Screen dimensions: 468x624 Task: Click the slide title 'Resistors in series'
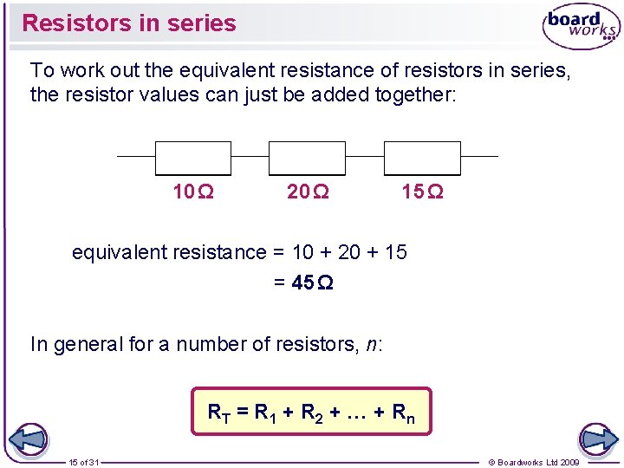(x=128, y=23)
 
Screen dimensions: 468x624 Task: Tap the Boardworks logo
(x=581, y=27)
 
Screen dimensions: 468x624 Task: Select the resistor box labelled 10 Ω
(x=192, y=158)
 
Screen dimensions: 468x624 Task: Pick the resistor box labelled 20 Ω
(x=307, y=158)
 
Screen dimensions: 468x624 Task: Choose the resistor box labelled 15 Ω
(x=421, y=158)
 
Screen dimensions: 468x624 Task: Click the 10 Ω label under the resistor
(x=193, y=192)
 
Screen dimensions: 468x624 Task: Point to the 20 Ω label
(x=308, y=192)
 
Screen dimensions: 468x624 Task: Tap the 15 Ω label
(x=422, y=192)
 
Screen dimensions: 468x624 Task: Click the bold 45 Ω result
(x=313, y=283)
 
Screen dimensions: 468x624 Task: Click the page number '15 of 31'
(x=84, y=462)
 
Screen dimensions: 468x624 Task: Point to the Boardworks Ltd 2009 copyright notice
(x=534, y=462)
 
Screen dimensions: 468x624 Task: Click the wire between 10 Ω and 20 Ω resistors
(x=250, y=157)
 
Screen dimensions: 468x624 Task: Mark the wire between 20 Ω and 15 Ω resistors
(x=364, y=157)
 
